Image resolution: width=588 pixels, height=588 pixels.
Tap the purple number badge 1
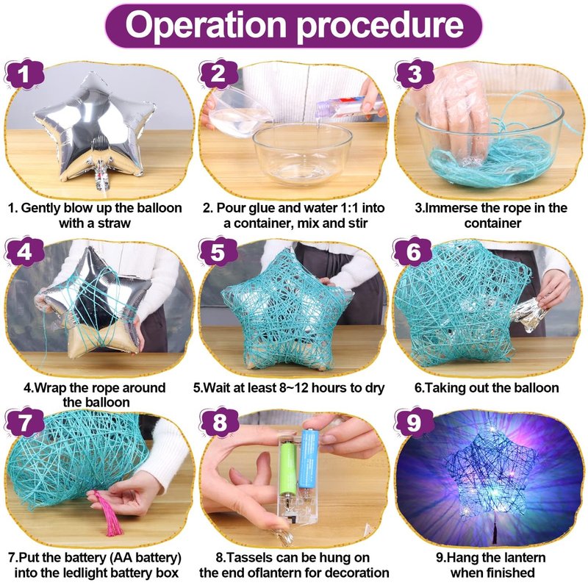24,74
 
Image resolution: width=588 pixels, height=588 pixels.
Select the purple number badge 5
218,252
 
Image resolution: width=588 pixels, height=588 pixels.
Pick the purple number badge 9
413,422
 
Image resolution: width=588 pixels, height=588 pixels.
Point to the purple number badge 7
24,422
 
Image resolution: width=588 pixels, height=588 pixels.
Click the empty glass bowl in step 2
302,153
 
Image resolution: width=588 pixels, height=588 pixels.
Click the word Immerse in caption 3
448,208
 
